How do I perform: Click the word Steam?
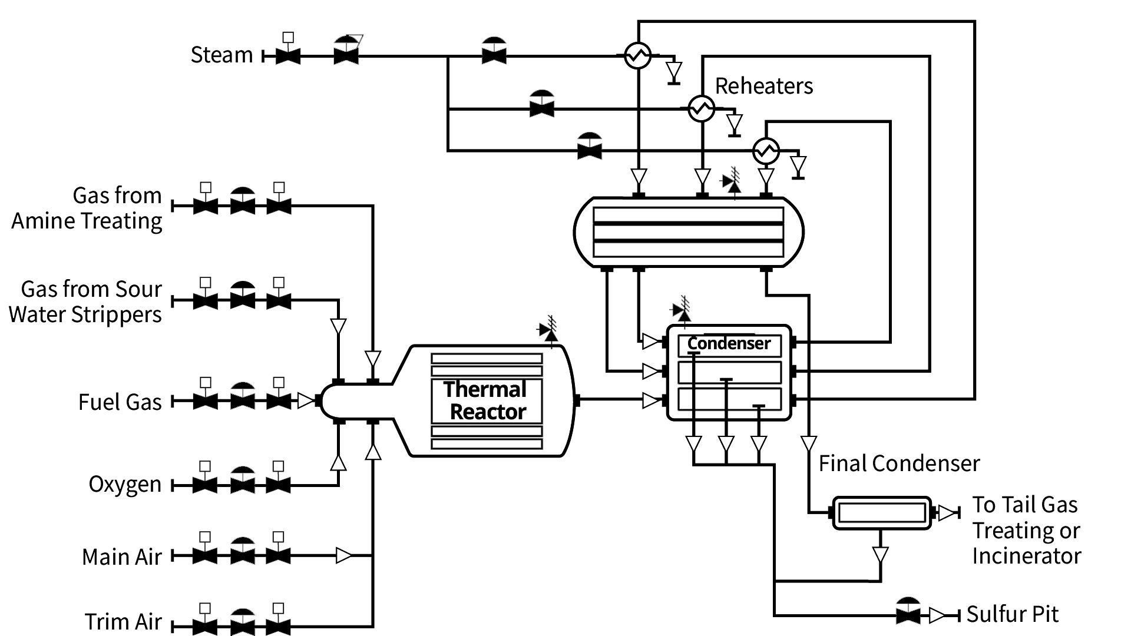coord(221,55)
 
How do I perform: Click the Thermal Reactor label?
coord(486,400)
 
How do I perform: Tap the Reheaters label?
coord(763,86)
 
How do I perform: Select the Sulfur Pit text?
coord(1012,614)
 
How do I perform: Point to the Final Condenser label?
coord(899,463)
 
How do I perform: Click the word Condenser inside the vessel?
coord(729,344)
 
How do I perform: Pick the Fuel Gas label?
coord(120,402)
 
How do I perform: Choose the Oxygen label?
coord(125,484)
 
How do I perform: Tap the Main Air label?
coord(121,557)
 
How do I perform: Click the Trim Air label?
coord(123,622)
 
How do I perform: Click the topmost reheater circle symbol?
coord(637,56)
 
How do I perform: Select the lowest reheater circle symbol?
coord(766,151)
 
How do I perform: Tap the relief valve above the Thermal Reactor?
coord(549,332)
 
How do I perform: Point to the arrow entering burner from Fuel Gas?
coord(306,401)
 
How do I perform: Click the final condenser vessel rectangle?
coord(881,513)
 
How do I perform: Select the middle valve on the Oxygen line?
coord(242,485)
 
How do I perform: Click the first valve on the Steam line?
coord(288,57)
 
